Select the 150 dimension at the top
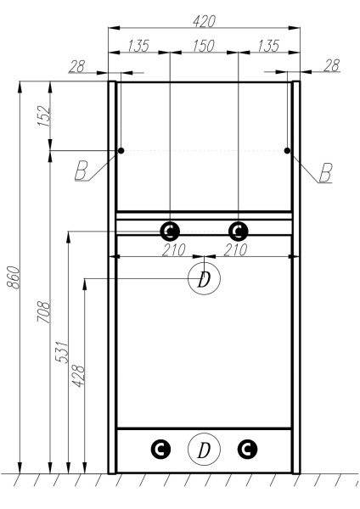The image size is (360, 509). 204,45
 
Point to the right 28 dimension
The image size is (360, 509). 331,65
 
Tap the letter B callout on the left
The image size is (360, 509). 81,171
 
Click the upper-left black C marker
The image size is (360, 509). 170,231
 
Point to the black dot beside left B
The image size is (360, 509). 121,151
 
